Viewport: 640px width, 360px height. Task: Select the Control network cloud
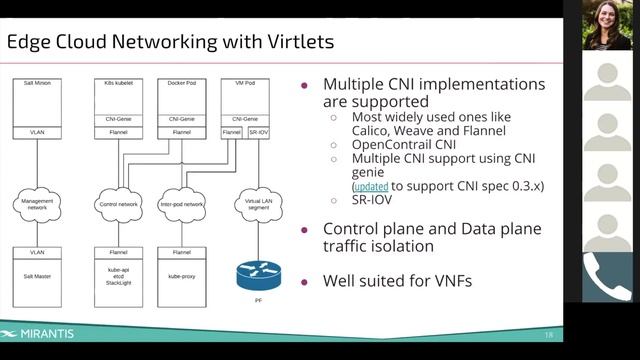click(119, 204)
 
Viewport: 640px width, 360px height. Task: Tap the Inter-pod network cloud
click(181, 204)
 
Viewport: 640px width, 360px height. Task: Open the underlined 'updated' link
click(370, 186)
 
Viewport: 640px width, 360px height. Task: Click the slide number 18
click(549, 334)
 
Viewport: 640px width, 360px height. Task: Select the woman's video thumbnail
click(607, 25)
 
